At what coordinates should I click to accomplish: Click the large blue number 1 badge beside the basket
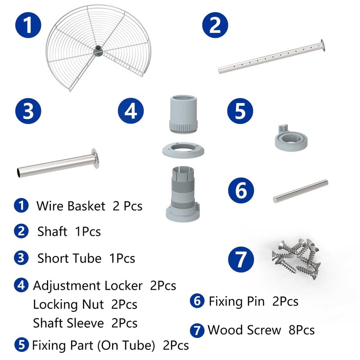(x=28, y=25)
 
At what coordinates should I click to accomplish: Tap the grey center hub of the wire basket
(x=98, y=50)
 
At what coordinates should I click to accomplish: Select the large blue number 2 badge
(x=215, y=25)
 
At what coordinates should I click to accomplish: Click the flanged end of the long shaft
(x=323, y=45)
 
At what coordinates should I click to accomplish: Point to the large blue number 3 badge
(x=28, y=111)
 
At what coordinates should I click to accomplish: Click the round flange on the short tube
(x=95, y=158)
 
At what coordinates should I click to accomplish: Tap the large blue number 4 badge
(x=130, y=111)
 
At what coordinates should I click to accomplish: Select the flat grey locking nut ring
(x=183, y=150)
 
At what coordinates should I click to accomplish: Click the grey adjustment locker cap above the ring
(x=184, y=114)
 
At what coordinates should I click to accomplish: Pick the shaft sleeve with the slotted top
(x=183, y=194)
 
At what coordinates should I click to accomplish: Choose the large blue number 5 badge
(x=240, y=111)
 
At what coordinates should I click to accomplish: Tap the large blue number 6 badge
(x=241, y=190)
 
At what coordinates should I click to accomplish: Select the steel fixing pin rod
(x=301, y=191)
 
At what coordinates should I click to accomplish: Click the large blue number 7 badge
(x=241, y=260)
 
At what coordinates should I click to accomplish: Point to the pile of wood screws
(x=296, y=258)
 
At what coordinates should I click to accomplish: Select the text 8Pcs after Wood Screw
(x=301, y=330)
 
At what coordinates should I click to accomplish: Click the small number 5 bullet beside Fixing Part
(x=21, y=345)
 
